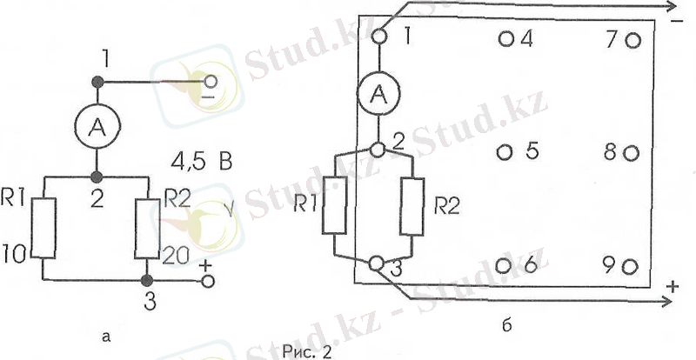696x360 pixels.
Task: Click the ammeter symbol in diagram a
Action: pyautogui.click(x=97, y=127)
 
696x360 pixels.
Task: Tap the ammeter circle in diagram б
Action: pyautogui.click(x=378, y=93)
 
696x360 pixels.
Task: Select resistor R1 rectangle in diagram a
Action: pyautogui.click(x=43, y=228)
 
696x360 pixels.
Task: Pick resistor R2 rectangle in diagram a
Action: pyautogui.click(x=147, y=229)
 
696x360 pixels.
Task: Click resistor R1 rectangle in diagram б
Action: pyautogui.click(x=334, y=204)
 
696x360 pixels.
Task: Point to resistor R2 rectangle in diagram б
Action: pyautogui.click(x=412, y=206)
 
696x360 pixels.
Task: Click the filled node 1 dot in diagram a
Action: pyautogui.click(x=97, y=82)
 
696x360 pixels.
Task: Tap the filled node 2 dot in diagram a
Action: pyautogui.click(x=97, y=178)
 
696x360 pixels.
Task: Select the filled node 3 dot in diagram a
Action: pyautogui.click(x=147, y=281)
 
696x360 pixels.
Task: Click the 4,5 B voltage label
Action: pyautogui.click(x=202, y=163)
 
